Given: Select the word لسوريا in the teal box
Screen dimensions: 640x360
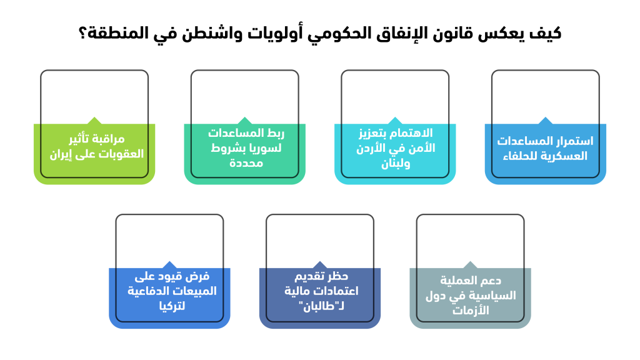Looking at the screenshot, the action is pyautogui.click(x=266, y=148).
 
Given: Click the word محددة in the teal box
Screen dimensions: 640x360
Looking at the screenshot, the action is pyautogui.click(x=246, y=163).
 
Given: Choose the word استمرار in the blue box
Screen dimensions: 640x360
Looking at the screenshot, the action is pyautogui.click(x=575, y=141).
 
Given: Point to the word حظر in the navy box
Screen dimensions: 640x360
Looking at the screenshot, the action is pyautogui.click(x=338, y=277).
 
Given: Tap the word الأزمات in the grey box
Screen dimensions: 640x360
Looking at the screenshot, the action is pyautogui.click(x=470, y=310).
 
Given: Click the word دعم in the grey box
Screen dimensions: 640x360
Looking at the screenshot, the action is pyautogui.click(x=490, y=281).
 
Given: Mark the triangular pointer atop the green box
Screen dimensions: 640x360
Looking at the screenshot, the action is pyautogui.click(x=94, y=121).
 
